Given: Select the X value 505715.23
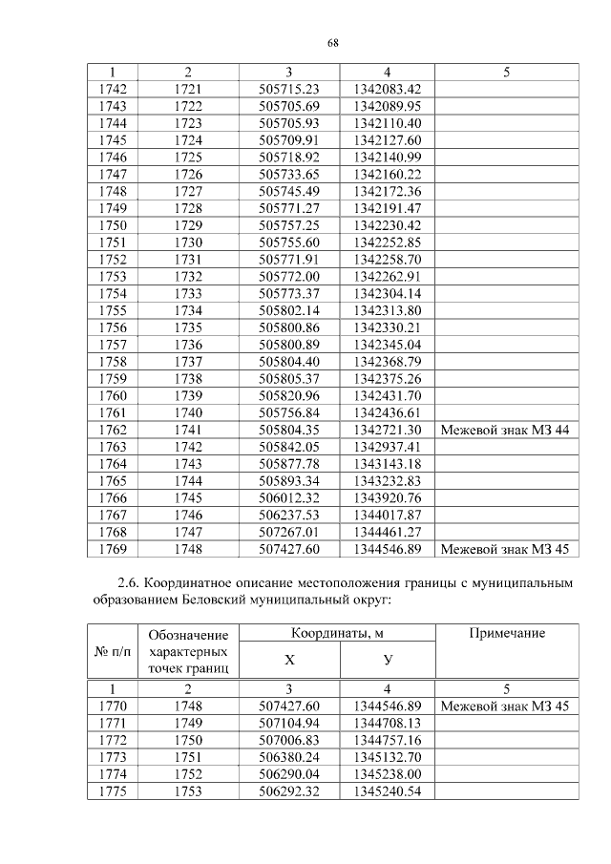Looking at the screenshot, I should pos(288,88).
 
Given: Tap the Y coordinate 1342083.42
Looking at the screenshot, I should pos(387,88).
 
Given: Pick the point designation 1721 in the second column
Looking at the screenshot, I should pos(188,88).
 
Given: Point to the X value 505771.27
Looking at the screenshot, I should pos(288,208).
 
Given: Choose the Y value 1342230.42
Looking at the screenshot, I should pos(387,225).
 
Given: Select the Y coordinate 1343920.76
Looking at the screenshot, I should pos(387,499).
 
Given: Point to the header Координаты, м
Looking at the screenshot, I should pos(337,634).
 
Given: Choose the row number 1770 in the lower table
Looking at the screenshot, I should pos(113,706).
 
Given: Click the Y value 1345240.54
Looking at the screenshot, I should pos(387,791).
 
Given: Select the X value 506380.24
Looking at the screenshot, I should pos(288,757).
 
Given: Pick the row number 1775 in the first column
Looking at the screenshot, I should pos(113,791).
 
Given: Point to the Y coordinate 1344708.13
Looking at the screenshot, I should pos(387,723).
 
